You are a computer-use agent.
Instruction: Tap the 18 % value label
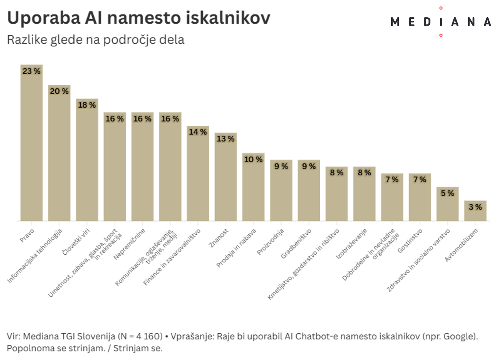[x=87, y=105]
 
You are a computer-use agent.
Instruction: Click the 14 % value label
[x=198, y=132]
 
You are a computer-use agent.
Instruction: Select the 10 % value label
[x=253, y=159]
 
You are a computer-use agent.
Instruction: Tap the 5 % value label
[x=447, y=193]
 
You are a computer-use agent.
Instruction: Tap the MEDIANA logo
[x=440, y=22]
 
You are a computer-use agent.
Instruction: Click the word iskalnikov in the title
[x=226, y=18]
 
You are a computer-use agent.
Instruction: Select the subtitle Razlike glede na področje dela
[x=96, y=40]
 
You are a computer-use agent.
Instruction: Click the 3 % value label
[x=475, y=207]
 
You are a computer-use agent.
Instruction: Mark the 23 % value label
[x=32, y=71]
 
